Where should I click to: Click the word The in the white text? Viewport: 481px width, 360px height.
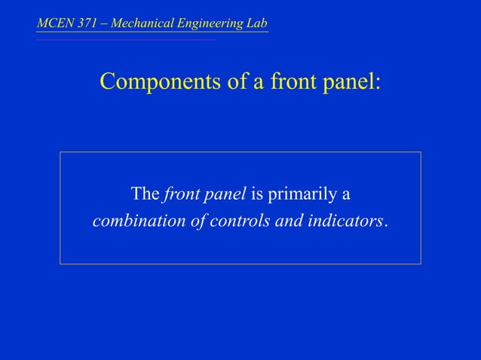coord(145,194)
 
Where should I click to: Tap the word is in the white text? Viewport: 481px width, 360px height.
coord(256,194)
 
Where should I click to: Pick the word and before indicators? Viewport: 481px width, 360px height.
coord(279,222)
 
